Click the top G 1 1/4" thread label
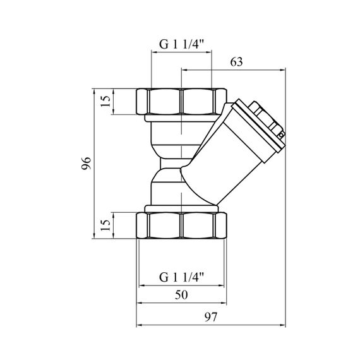click(x=182, y=45)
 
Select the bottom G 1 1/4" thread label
click(x=182, y=277)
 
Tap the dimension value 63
click(x=236, y=62)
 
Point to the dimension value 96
click(x=86, y=163)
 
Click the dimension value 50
click(x=181, y=295)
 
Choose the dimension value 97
click(x=210, y=317)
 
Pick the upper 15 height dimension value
click(x=105, y=101)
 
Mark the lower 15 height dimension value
click(x=105, y=225)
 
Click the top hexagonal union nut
click(x=181, y=101)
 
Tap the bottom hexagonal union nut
click(x=181, y=225)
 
